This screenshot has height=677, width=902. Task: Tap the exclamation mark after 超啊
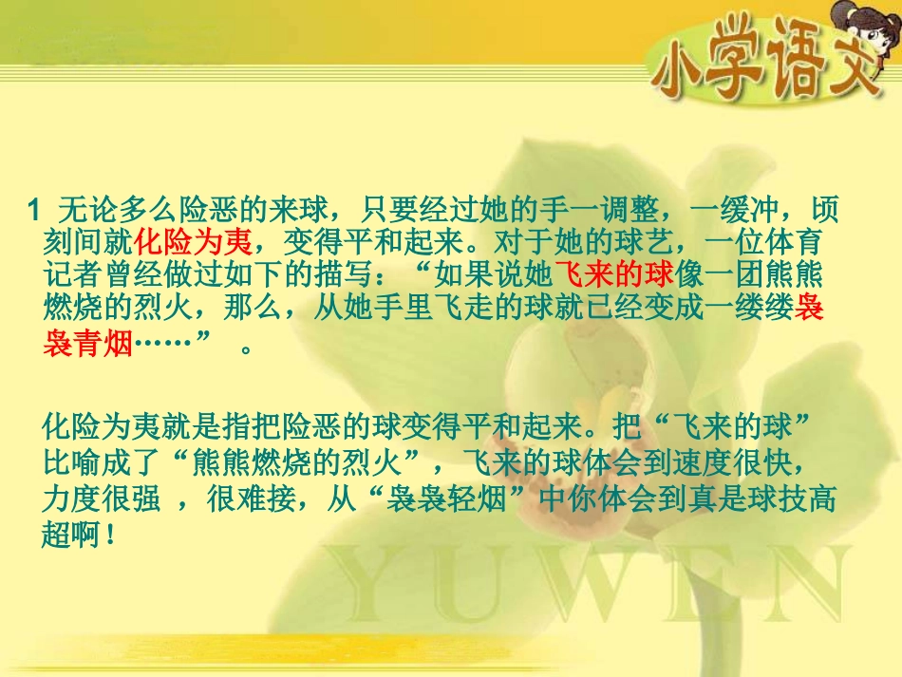112,534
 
